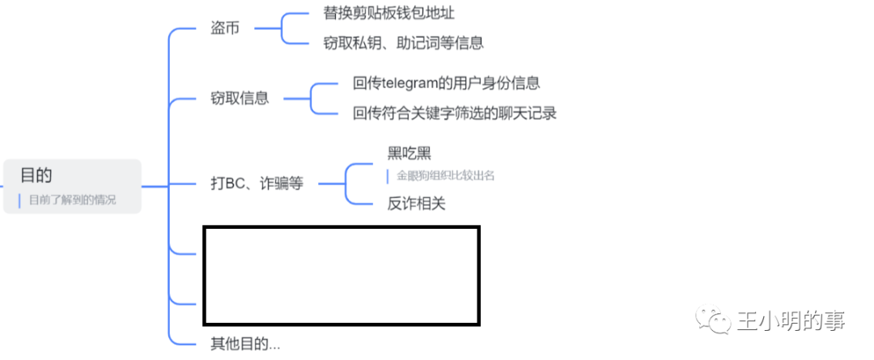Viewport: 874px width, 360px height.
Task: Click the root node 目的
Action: tap(36, 174)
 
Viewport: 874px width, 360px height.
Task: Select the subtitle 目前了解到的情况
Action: tap(72, 200)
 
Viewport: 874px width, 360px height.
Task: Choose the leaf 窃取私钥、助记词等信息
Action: tap(403, 43)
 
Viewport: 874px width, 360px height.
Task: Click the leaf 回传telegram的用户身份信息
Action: tap(447, 83)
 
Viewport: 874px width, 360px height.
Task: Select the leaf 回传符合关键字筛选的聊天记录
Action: tap(455, 113)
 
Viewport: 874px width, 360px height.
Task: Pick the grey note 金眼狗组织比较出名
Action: tap(445, 175)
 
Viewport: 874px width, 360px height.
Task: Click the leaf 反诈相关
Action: tap(416, 204)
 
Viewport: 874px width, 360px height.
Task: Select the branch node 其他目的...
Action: tap(240, 344)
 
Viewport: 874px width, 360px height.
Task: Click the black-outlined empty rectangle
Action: tap(341, 276)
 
